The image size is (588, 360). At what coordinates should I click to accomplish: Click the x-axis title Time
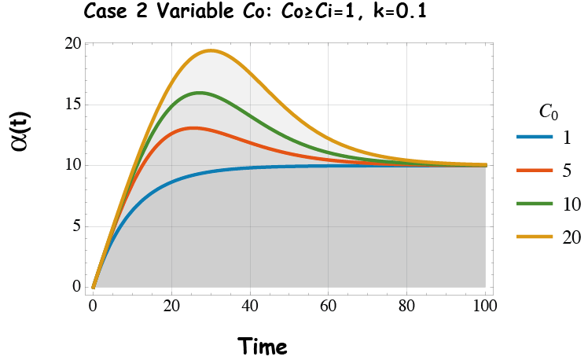(263, 346)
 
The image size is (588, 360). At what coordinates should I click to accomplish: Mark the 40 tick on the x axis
(250, 304)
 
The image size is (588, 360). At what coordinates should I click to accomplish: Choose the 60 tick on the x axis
(329, 304)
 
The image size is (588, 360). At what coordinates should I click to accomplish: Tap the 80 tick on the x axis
(407, 304)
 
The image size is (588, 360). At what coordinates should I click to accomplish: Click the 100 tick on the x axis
(485, 304)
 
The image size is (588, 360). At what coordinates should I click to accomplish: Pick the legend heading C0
(548, 113)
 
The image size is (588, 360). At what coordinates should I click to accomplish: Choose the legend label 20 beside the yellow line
(571, 236)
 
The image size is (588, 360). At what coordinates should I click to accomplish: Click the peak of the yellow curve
(211, 50)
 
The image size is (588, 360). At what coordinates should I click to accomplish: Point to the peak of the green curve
(200, 93)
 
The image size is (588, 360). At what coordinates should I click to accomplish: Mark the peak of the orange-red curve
(193, 127)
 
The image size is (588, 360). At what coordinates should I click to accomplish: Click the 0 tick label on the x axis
(94, 304)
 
